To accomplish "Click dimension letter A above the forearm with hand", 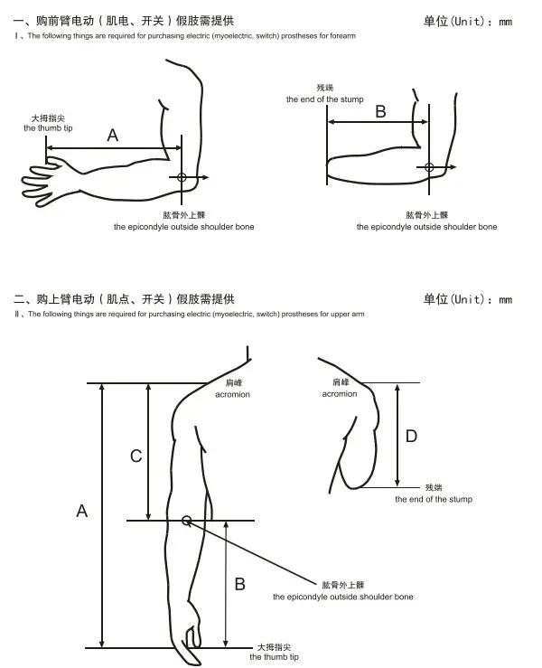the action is (113, 136).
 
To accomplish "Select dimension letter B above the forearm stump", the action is (380, 111).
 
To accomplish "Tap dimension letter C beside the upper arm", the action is (136, 456).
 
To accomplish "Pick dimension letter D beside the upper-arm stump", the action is (411, 437).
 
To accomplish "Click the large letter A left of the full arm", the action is (81, 511).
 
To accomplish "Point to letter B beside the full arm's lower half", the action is (239, 584).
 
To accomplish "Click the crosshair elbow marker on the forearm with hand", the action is (182, 177).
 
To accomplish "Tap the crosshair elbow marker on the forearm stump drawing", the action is (429, 166).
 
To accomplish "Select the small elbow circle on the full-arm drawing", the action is (186, 520).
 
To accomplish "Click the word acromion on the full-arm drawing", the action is (233, 394).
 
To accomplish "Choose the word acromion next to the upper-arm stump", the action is (340, 394).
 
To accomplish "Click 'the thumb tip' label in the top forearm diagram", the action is (49, 128).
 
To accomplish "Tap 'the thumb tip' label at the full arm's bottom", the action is (275, 657).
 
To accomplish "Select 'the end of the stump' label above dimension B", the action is (325, 99).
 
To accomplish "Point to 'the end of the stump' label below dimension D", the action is (433, 499).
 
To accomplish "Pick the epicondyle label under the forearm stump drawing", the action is (426, 227).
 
